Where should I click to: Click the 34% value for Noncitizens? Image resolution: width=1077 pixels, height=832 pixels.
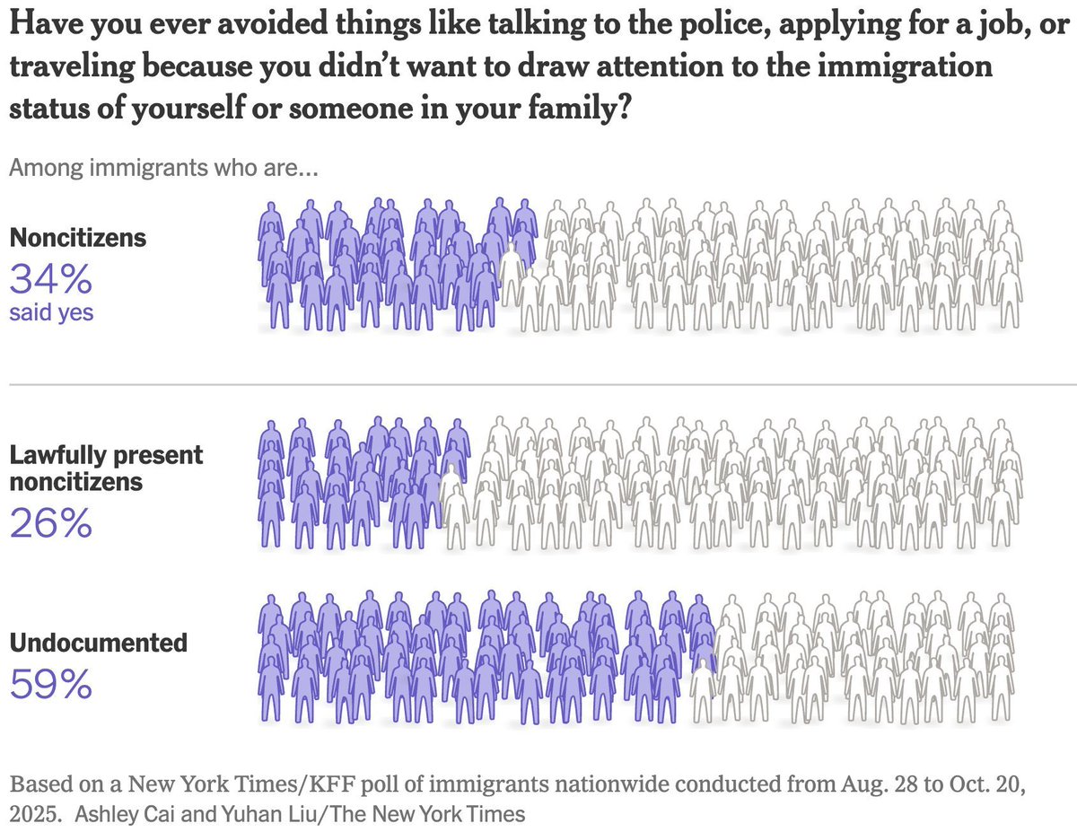pyautogui.click(x=50, y=281)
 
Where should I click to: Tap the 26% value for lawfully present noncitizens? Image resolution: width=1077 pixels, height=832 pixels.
pyautogui.click(x=50, y=523)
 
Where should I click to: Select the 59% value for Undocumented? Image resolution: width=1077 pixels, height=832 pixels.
pyautogui.click(x=50, y=685)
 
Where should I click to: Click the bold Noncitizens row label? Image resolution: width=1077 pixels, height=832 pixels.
pyautogui.click(x=77, y=239)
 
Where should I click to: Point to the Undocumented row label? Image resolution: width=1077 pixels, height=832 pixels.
pyautogui.click(x=98, y=644)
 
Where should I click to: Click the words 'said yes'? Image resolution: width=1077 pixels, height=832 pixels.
pyautogui.click(x=53, y=313)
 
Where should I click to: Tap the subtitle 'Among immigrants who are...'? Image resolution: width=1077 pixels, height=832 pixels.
pyautogui.click(x=163, y=168)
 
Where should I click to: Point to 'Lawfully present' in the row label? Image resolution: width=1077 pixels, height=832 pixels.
pyautogui.click(x=106, y=455)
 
